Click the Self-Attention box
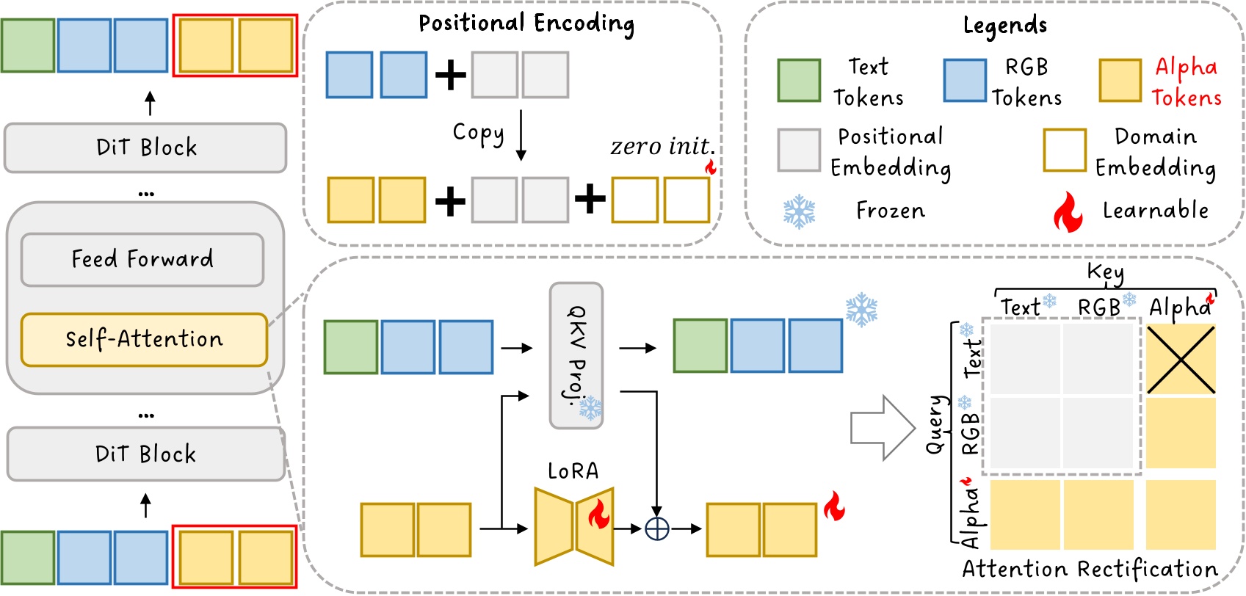(x=144, y=339)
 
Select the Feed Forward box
(x=142, y=259)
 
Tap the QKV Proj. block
(x=576, y=355)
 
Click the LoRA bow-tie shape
(x=574, y=527)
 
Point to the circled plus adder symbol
(x=656, y=528)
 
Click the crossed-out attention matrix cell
(x=1181, y=360)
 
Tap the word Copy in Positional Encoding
(x=478, y=133)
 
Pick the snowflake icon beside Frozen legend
(x=799, y=211)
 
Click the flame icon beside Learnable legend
(x=1068, y=212)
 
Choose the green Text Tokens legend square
(x=799, y=81)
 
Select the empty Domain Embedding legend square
(x=1064, y=150)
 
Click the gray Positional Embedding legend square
(x=799, y=150)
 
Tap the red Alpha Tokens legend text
(x=1186, y=82)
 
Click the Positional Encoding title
(x=526, y=23)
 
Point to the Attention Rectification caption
(x=1090, y=570)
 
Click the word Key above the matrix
(x=1105, y=272)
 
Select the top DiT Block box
(x=145, y=148)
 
